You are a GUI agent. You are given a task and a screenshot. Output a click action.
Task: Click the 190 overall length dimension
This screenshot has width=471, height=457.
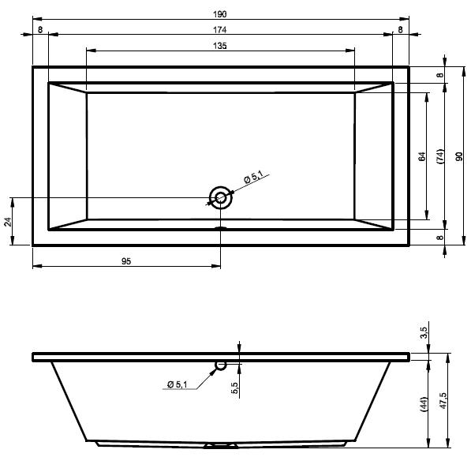[220, 14]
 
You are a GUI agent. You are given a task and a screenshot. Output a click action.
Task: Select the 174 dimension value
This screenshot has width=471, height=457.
[220, 30]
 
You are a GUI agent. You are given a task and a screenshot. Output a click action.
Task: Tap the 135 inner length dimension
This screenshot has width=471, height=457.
[220, 46]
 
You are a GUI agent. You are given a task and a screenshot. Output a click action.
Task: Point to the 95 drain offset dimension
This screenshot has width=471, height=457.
[126, 261]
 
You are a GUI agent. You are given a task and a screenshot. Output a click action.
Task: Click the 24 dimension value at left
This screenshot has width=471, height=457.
[8, 222]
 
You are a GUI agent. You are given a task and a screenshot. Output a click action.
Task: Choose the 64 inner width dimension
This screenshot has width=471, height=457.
[422, 156]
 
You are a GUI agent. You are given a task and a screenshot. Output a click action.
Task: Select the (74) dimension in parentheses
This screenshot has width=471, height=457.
[440, 156]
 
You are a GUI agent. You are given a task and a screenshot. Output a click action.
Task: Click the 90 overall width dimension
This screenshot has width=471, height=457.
[459, 156]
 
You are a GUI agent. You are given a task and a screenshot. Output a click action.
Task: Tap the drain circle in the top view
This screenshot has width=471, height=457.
[221, 197]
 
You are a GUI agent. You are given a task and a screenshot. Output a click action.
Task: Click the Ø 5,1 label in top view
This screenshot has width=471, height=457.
[254, 177]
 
